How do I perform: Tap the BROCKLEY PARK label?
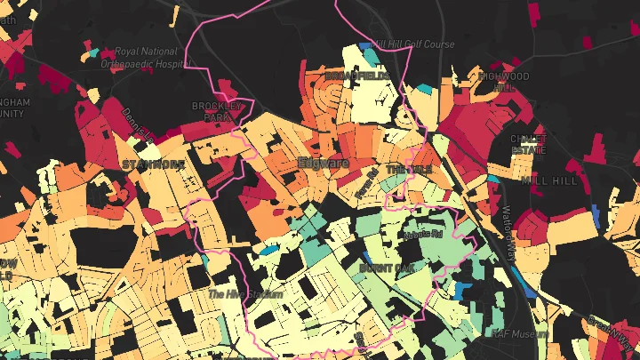217,111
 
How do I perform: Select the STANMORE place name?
153,164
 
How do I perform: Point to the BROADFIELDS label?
356,77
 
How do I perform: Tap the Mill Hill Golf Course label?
414,44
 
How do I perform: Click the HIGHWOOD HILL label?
506,82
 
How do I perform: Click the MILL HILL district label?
551,180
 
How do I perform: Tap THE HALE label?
408,169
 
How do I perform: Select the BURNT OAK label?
388,267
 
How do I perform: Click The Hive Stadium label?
244,294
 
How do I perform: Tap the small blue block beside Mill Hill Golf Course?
365,46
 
